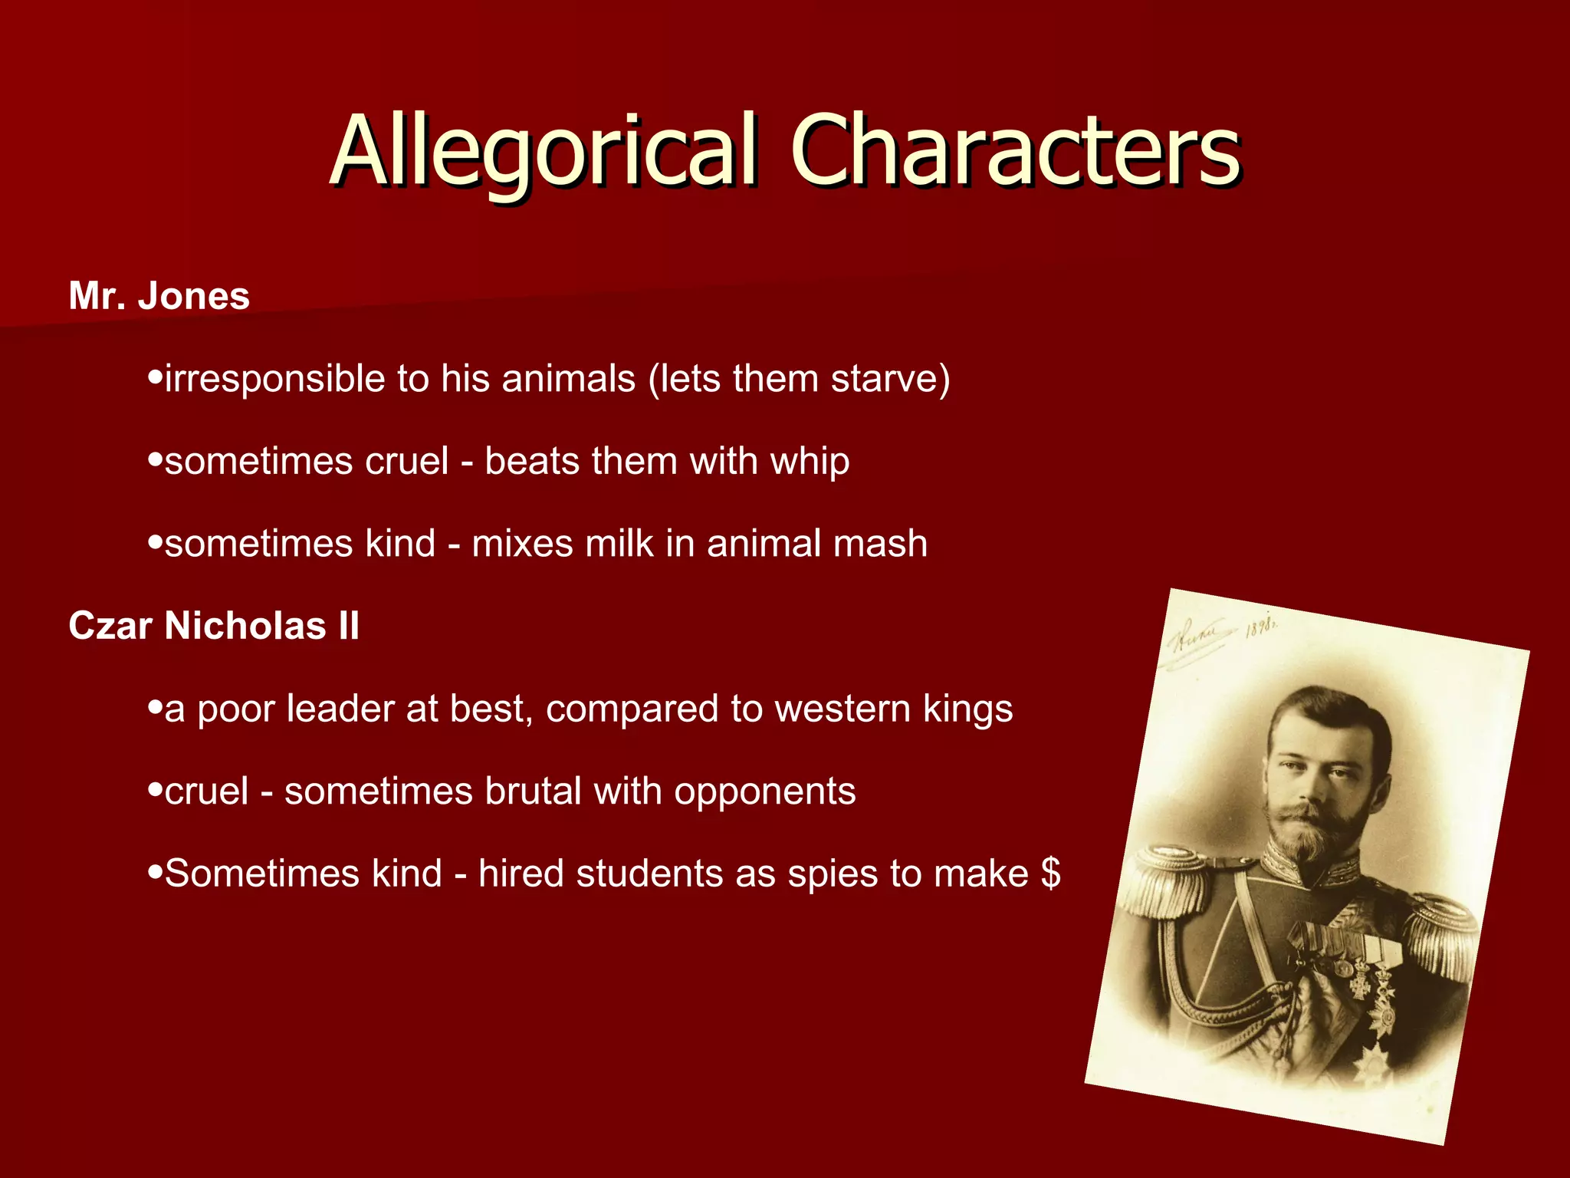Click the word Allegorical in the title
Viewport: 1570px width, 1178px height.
coord(545,151)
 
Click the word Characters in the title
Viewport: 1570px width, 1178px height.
coord(1015,151)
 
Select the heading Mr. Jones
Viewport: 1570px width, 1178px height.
coord(159,296)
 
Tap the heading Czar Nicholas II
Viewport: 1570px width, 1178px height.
coord(214,626)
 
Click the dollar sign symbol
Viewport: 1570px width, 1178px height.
coord(1051,874)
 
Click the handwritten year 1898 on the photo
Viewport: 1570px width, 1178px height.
coord(1261,627)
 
